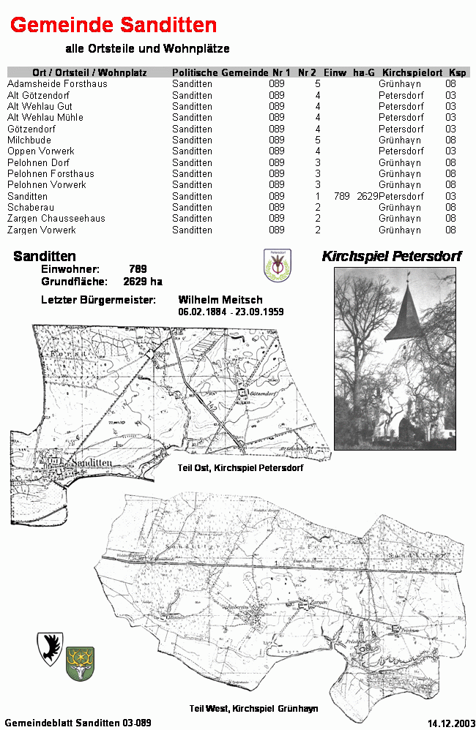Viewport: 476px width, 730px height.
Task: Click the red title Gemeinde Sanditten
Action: coord(114,26)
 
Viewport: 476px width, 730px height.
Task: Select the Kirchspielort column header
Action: coord(412,72)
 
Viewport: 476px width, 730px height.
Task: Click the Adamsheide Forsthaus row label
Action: coord(57,84)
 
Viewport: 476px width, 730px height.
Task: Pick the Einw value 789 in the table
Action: coord(341,196)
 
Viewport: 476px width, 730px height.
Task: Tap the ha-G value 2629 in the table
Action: coord(368,196)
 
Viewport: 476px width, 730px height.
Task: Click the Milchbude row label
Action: coord(29,140)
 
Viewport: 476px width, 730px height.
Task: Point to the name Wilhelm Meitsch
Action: coord(220,300)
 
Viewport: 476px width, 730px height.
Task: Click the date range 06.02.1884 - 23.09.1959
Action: coord(231,312)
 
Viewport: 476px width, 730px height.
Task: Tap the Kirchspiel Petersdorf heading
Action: coord(392,256)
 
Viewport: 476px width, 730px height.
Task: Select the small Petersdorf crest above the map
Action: coord(276,264)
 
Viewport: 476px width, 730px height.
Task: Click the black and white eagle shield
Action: coord(50,648)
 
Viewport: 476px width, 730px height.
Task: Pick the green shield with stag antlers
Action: coord(80,663)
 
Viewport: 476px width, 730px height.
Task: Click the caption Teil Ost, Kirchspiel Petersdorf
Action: coord(240,467)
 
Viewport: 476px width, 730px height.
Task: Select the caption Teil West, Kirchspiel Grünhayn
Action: coord(253,708)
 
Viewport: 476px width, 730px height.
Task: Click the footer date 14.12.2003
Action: coord(450,723)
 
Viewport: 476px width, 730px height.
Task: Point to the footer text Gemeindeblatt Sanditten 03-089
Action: coord(78,723)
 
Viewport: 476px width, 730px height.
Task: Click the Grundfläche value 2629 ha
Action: coord(143,282)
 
